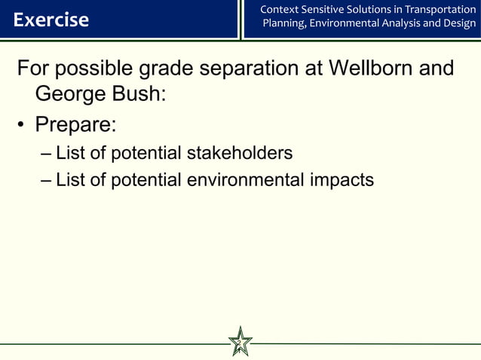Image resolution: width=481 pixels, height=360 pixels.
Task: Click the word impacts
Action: pos(339,181)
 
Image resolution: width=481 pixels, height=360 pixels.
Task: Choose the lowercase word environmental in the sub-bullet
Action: pos(241,181)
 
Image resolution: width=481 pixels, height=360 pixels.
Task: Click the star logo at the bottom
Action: pos(240,343)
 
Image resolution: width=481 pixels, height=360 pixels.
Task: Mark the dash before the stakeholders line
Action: pos(46,154)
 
